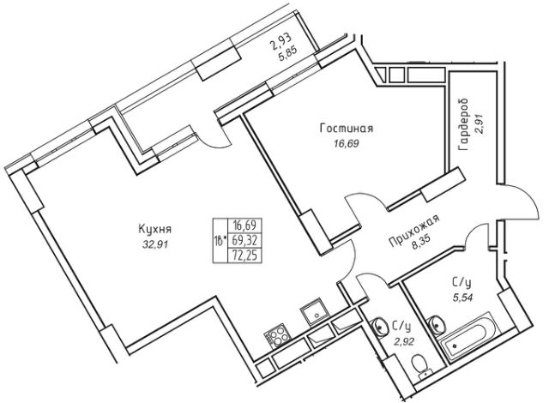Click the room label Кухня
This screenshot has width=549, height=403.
pos(155,228)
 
